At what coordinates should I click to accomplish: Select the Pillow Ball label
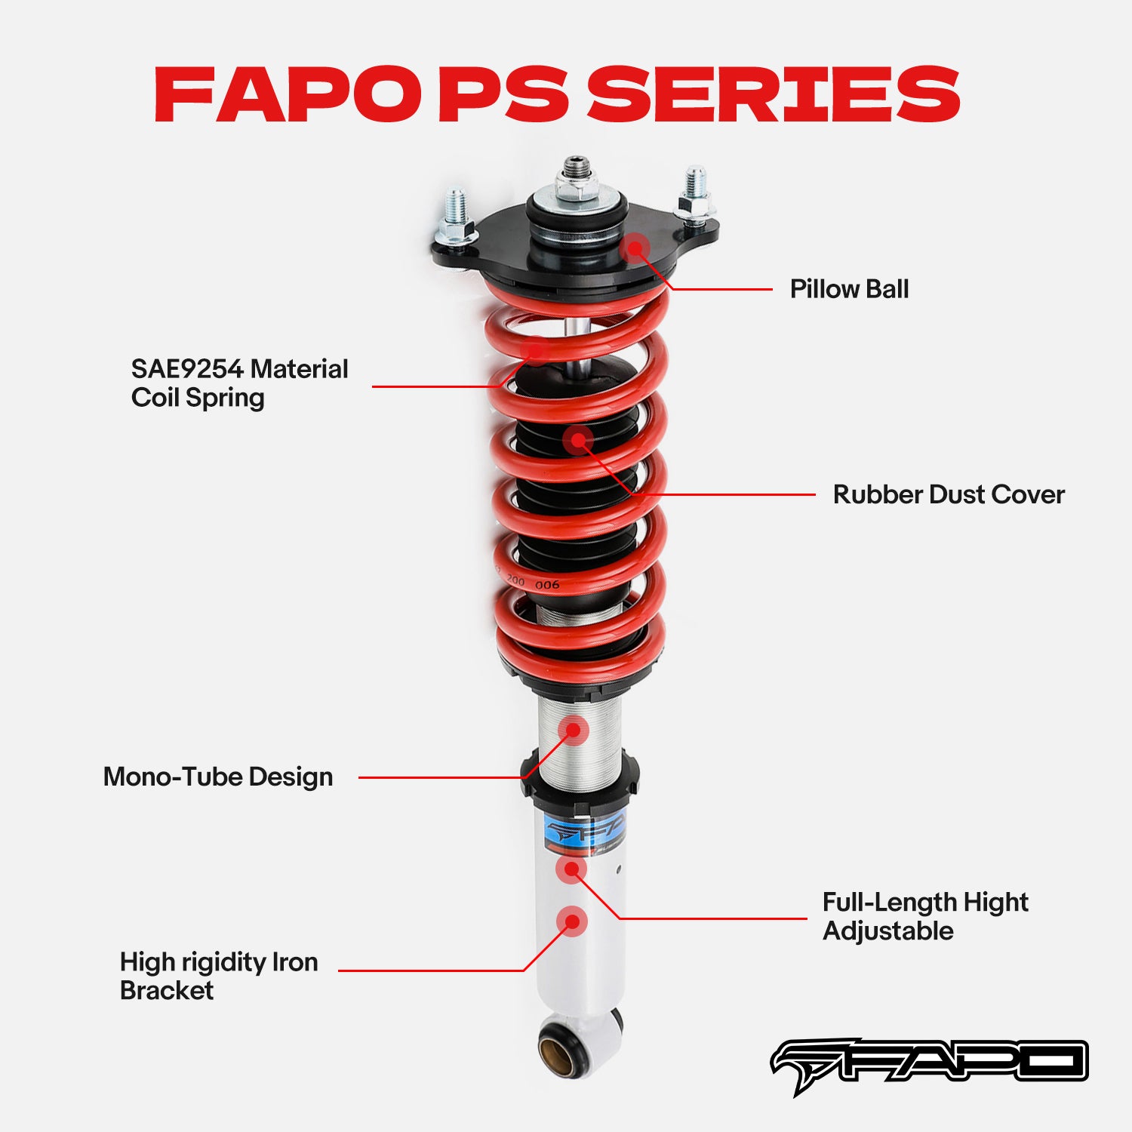point(849,289)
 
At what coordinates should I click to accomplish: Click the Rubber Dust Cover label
point(949,495)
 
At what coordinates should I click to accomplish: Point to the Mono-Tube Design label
point(218,777)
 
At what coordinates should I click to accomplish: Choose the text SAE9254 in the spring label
point(187,369)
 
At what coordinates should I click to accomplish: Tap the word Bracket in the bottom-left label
point(167,990)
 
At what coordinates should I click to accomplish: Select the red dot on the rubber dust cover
point(579,440)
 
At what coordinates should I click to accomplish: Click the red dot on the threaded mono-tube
point(574,730)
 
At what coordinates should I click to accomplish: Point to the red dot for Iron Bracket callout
point(572,921)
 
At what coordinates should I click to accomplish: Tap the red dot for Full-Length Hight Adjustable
point(571,869)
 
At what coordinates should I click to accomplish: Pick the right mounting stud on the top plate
point(695,193)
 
